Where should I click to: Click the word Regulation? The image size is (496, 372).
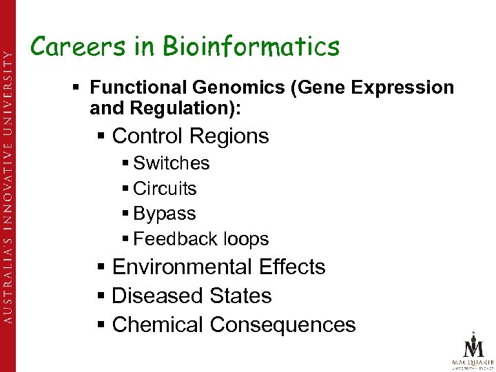(164, 107)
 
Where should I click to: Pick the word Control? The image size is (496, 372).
(148, 136)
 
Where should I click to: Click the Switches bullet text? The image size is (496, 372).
(172, 163)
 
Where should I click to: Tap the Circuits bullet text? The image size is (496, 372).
(165, 189)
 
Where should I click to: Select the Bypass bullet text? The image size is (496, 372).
(165, 214)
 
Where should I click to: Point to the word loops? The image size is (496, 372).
(242, 239)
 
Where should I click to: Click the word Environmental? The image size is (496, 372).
(183, 267)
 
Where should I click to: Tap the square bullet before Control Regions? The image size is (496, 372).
(101, 136)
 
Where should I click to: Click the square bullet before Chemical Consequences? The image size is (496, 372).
(101, 324)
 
